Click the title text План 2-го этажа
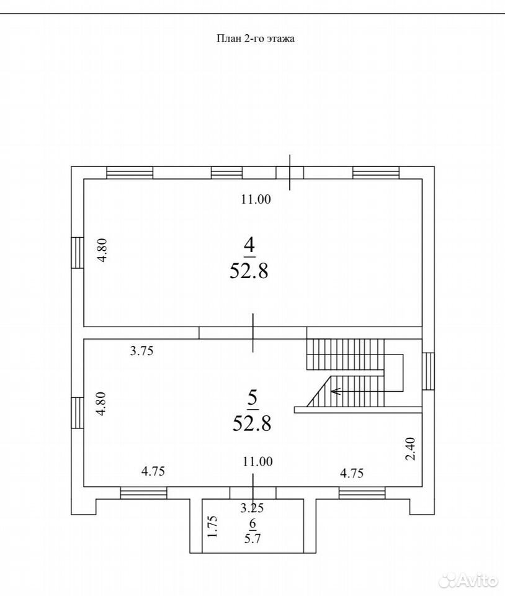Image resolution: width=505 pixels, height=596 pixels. [256, 38]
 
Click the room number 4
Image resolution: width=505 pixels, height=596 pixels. [249, 246]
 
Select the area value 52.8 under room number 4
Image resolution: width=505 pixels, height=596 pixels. [249, 271]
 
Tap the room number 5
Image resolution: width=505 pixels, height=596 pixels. [253, 399]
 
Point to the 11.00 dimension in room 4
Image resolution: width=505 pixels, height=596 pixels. [256, 199]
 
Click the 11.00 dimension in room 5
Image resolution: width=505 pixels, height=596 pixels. [258, 461]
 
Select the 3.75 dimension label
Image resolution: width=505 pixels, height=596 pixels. [141, 350]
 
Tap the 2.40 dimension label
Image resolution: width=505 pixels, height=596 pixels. [411, 449]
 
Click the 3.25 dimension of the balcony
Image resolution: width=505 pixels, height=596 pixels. [252, 507]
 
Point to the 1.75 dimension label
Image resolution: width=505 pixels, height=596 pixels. [212, 526]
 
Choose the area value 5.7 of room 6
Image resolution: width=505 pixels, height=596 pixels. [253, 538]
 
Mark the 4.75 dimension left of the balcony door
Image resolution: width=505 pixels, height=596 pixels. [153, 471]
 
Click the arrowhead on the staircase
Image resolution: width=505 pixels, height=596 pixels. [335, 391]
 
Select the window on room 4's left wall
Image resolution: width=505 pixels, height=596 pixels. [78, 253]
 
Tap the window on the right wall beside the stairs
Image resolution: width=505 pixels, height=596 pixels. [428, 371]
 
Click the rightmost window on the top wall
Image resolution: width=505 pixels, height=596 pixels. [376, 172]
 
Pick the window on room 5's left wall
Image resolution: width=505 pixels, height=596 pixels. [78, 413]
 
